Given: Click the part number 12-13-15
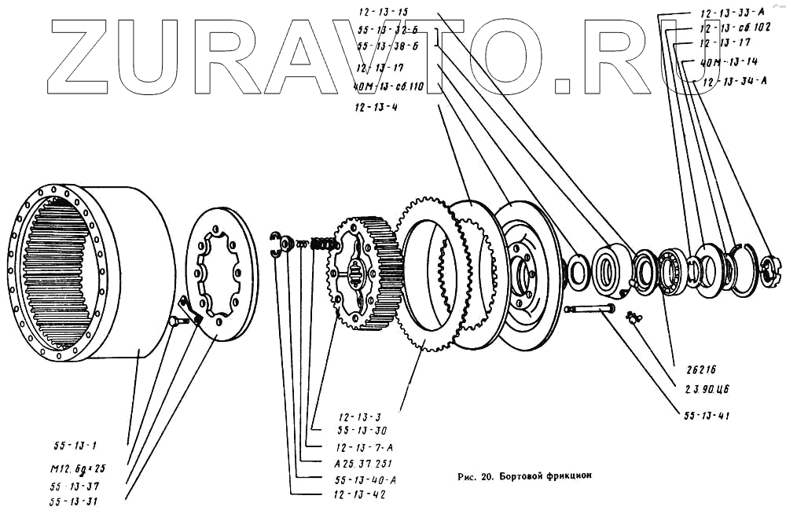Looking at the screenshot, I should pyautogui.click(x=382, y=13).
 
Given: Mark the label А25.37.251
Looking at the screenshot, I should pyautogui.click(x=363, y=463).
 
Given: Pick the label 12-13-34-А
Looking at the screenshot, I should pyautogui.click(x=734, y=81).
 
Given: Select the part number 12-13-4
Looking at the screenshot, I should pyautogui.click(x=376, y=107).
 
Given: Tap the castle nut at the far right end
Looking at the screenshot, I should pyautogui.click(x=768, y=269).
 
